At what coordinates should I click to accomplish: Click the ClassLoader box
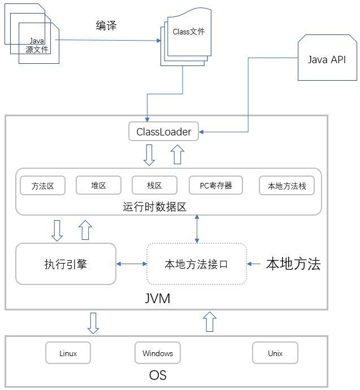click(x=163, y=132)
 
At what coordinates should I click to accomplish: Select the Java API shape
click(x=326, y=60)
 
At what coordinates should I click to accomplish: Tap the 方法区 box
click(x=42, y=185)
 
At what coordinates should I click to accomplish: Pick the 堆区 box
click(x=98, y=185)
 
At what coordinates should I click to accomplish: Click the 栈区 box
click(x=154, y=185)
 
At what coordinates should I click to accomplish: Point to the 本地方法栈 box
click(x=287, y=185)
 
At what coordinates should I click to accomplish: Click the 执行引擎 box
click(x=66, y=264)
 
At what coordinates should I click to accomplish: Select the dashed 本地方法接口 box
click(x=196, y=264)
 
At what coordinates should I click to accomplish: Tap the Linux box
click(x=68, y=353)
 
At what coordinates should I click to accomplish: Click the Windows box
click(x=158, y=353)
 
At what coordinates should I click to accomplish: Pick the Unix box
click(x=275, y=353)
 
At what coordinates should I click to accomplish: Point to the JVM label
click(x=158, y=298)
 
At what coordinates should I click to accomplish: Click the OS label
click(x=158, y=375)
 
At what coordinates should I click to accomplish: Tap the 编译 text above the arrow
click(x=106, y=25)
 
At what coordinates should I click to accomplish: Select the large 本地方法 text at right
click(x=293, y=264)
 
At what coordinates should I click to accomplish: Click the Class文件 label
click(x=189, y=32)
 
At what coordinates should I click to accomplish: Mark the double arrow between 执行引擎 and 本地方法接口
click(x=131, y=264)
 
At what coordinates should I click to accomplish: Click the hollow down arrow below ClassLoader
click(x=149, y=155)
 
